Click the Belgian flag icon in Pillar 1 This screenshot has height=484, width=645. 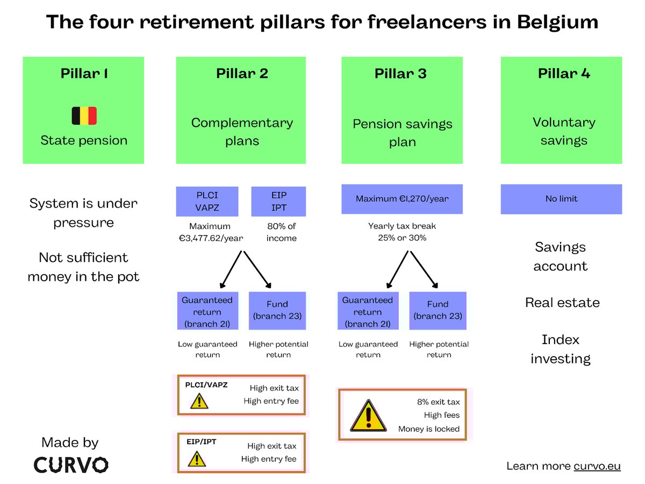[x=84, y=116]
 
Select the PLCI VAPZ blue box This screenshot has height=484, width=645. [x=207, y=201]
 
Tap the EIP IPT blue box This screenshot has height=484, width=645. [x=278, y=201]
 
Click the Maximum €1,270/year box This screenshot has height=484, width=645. [x=402, y=199]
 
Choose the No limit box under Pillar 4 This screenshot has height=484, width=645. [x=561, y=199]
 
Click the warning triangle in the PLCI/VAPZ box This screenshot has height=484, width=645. [x=199, y=401]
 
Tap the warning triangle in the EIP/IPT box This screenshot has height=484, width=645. [x=197, y=459]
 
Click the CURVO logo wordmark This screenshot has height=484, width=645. [x=71, y=465]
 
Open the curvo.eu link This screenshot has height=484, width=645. [x=597, y=466]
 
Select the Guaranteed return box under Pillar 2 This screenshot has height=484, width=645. [x=207, y=311]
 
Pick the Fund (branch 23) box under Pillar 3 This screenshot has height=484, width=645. [x=438, y=310]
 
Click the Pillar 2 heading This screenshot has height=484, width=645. [x=242, y=74]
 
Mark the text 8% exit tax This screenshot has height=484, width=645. [x=438, y=402]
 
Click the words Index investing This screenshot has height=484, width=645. [x=561, y=349]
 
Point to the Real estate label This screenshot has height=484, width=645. [x=562, y=303]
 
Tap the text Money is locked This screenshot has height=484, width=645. [x=429, y=429]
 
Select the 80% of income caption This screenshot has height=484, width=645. [x=281, y=232]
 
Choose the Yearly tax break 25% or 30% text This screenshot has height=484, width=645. [x=402, y=232]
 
